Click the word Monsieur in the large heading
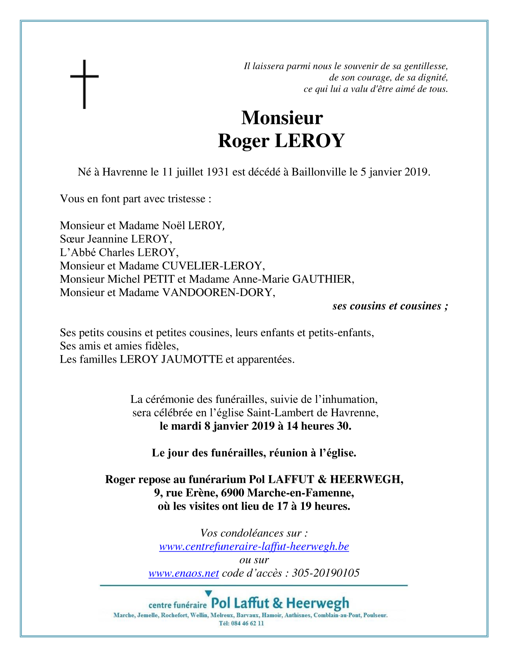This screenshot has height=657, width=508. point(282,118)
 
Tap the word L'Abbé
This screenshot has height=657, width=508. point(78,252)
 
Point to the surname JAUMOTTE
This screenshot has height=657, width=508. point(192,359)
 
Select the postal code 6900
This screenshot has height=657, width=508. point(233,493)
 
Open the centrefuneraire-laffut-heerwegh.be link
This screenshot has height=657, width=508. point(254,546)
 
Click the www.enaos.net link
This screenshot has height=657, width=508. point(184,573)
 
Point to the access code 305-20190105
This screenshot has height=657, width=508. point(326,573)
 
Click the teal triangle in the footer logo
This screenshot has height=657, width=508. point(208,594)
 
